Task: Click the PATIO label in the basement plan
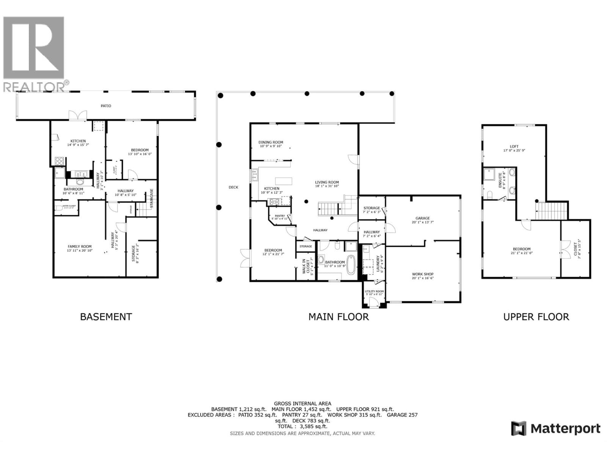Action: (106, 106)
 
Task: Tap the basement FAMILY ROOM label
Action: (80, 246)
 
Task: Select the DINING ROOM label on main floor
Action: (271, 143)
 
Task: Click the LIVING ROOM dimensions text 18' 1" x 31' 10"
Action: (327, 186)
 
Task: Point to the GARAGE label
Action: (422, 218)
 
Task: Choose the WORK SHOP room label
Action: (423, 274)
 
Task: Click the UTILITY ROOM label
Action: (374, 291)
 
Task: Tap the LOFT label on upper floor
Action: (514, 146)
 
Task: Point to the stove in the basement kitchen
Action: (60, 161)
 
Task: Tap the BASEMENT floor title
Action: (106, 317)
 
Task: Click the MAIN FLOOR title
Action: (338, 317)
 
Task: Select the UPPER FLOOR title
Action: (536, 317)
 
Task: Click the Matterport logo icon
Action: (519, 428)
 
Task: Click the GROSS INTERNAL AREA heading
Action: (302, 403)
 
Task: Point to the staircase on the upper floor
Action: (551, 210)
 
